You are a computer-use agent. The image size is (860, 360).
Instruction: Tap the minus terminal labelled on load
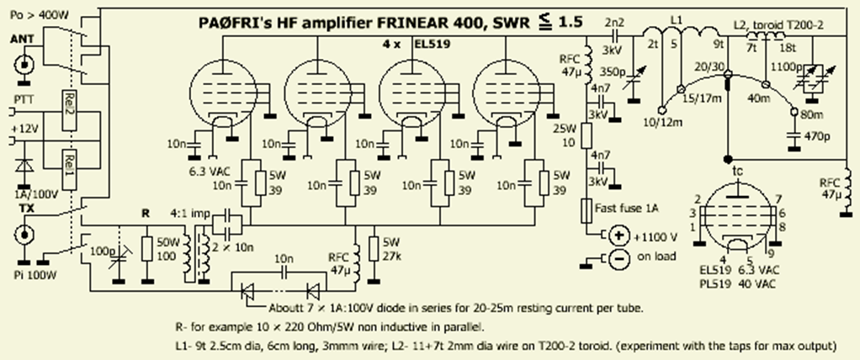(x=619, y=259)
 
